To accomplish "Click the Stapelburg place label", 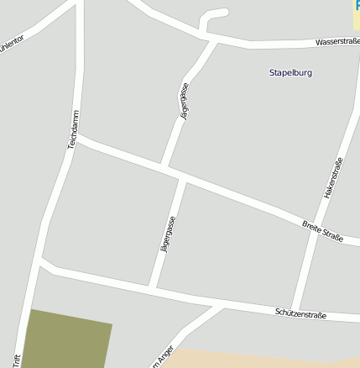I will (x=290, y=73).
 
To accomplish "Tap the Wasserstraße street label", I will (x=337, y=41).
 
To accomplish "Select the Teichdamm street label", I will (x=73, y=130).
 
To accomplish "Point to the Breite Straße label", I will (x=323, y=231).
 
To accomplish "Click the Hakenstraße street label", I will (x=333, y=178).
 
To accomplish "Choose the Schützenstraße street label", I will (x=300, y=313).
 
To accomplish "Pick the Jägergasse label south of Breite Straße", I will (x=167, y=237).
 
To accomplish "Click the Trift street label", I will (x=16, y=359).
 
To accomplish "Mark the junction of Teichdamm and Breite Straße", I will (x=78, y=139).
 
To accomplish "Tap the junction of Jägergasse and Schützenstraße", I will (x=152, y=289).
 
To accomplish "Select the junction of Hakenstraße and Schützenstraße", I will (x=293, y=308).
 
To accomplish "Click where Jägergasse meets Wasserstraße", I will (x=212, y=37).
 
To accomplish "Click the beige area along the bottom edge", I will (x=252, y=359).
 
